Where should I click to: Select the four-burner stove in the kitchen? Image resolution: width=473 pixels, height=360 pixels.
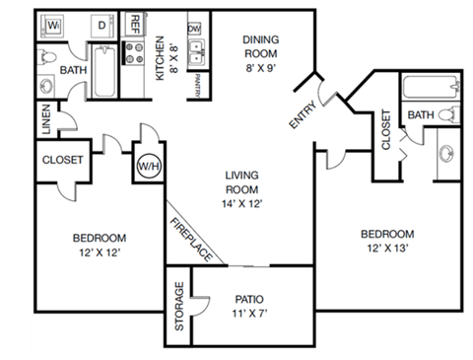134,54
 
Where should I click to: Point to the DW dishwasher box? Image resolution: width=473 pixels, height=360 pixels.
193,30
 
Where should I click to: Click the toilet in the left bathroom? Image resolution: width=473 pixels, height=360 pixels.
49,58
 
